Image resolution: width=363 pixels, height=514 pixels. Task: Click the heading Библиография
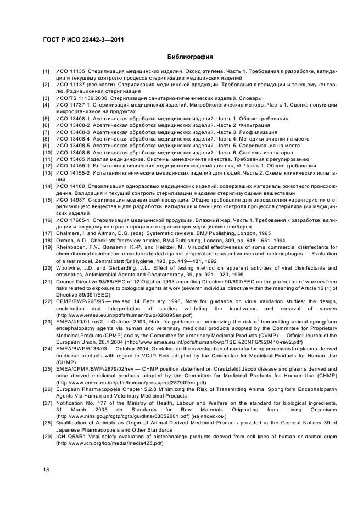click(x=189, y=57)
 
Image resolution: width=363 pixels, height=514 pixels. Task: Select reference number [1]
click(x=47, y=72)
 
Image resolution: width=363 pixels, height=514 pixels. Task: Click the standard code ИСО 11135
click(x=71, y=72)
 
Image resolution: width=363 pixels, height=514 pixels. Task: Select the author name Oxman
click(x=67, y=240)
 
